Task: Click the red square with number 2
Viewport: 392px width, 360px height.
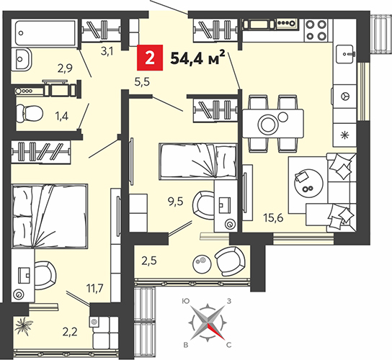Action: click(x=150, y=58)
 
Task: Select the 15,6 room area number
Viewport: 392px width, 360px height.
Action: click(x=273, y=218)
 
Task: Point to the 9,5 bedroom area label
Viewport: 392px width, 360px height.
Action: click(x=176, y=202)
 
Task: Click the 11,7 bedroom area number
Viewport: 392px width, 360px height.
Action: click(x=94, y=288)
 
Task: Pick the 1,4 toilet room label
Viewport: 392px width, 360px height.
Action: click(x=62, y=116)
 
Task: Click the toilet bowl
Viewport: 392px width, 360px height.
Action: click(x=30, y=114)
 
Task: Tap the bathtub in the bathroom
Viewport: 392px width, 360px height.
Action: click(x=45, y=33)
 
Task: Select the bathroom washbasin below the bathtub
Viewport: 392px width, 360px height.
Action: click(x=21, y=59)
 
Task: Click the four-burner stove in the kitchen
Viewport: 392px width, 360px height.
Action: click(x=317, y=30)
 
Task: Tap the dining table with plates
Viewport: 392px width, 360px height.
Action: click(x=273, y=123)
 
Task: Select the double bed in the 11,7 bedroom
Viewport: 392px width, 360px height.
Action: click(x=50, y=216)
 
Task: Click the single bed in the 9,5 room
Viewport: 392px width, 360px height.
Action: click(x=197, y=161)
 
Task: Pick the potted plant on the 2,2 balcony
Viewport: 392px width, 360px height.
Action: click(x=24, y=325)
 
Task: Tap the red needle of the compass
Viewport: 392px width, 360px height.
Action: click(x=215, y=331)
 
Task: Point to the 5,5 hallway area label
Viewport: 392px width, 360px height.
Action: click(x=142, y=82)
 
